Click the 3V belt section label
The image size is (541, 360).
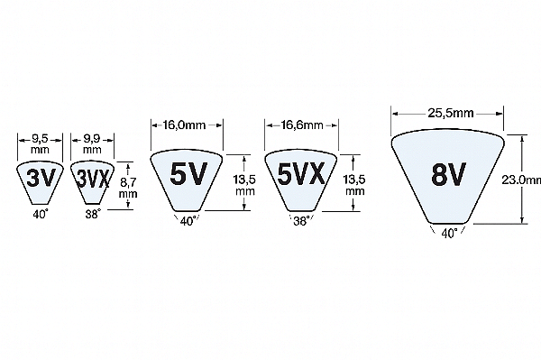41,178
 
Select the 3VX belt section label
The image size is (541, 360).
93,179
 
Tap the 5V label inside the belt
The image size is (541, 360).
188,173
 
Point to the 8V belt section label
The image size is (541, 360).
448,174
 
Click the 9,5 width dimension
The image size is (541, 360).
41,140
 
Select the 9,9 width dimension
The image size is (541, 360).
92,140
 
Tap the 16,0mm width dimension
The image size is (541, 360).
184,125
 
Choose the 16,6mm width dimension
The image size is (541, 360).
302,125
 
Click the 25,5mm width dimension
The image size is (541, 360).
451,113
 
